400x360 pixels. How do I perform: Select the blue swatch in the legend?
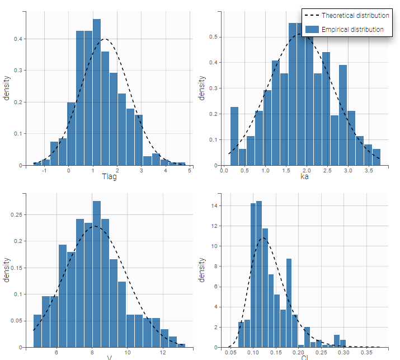click(x=312, y=29)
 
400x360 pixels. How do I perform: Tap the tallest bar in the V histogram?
click(x=97, y=274)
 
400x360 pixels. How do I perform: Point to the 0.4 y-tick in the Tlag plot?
click(x=18, y=39)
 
